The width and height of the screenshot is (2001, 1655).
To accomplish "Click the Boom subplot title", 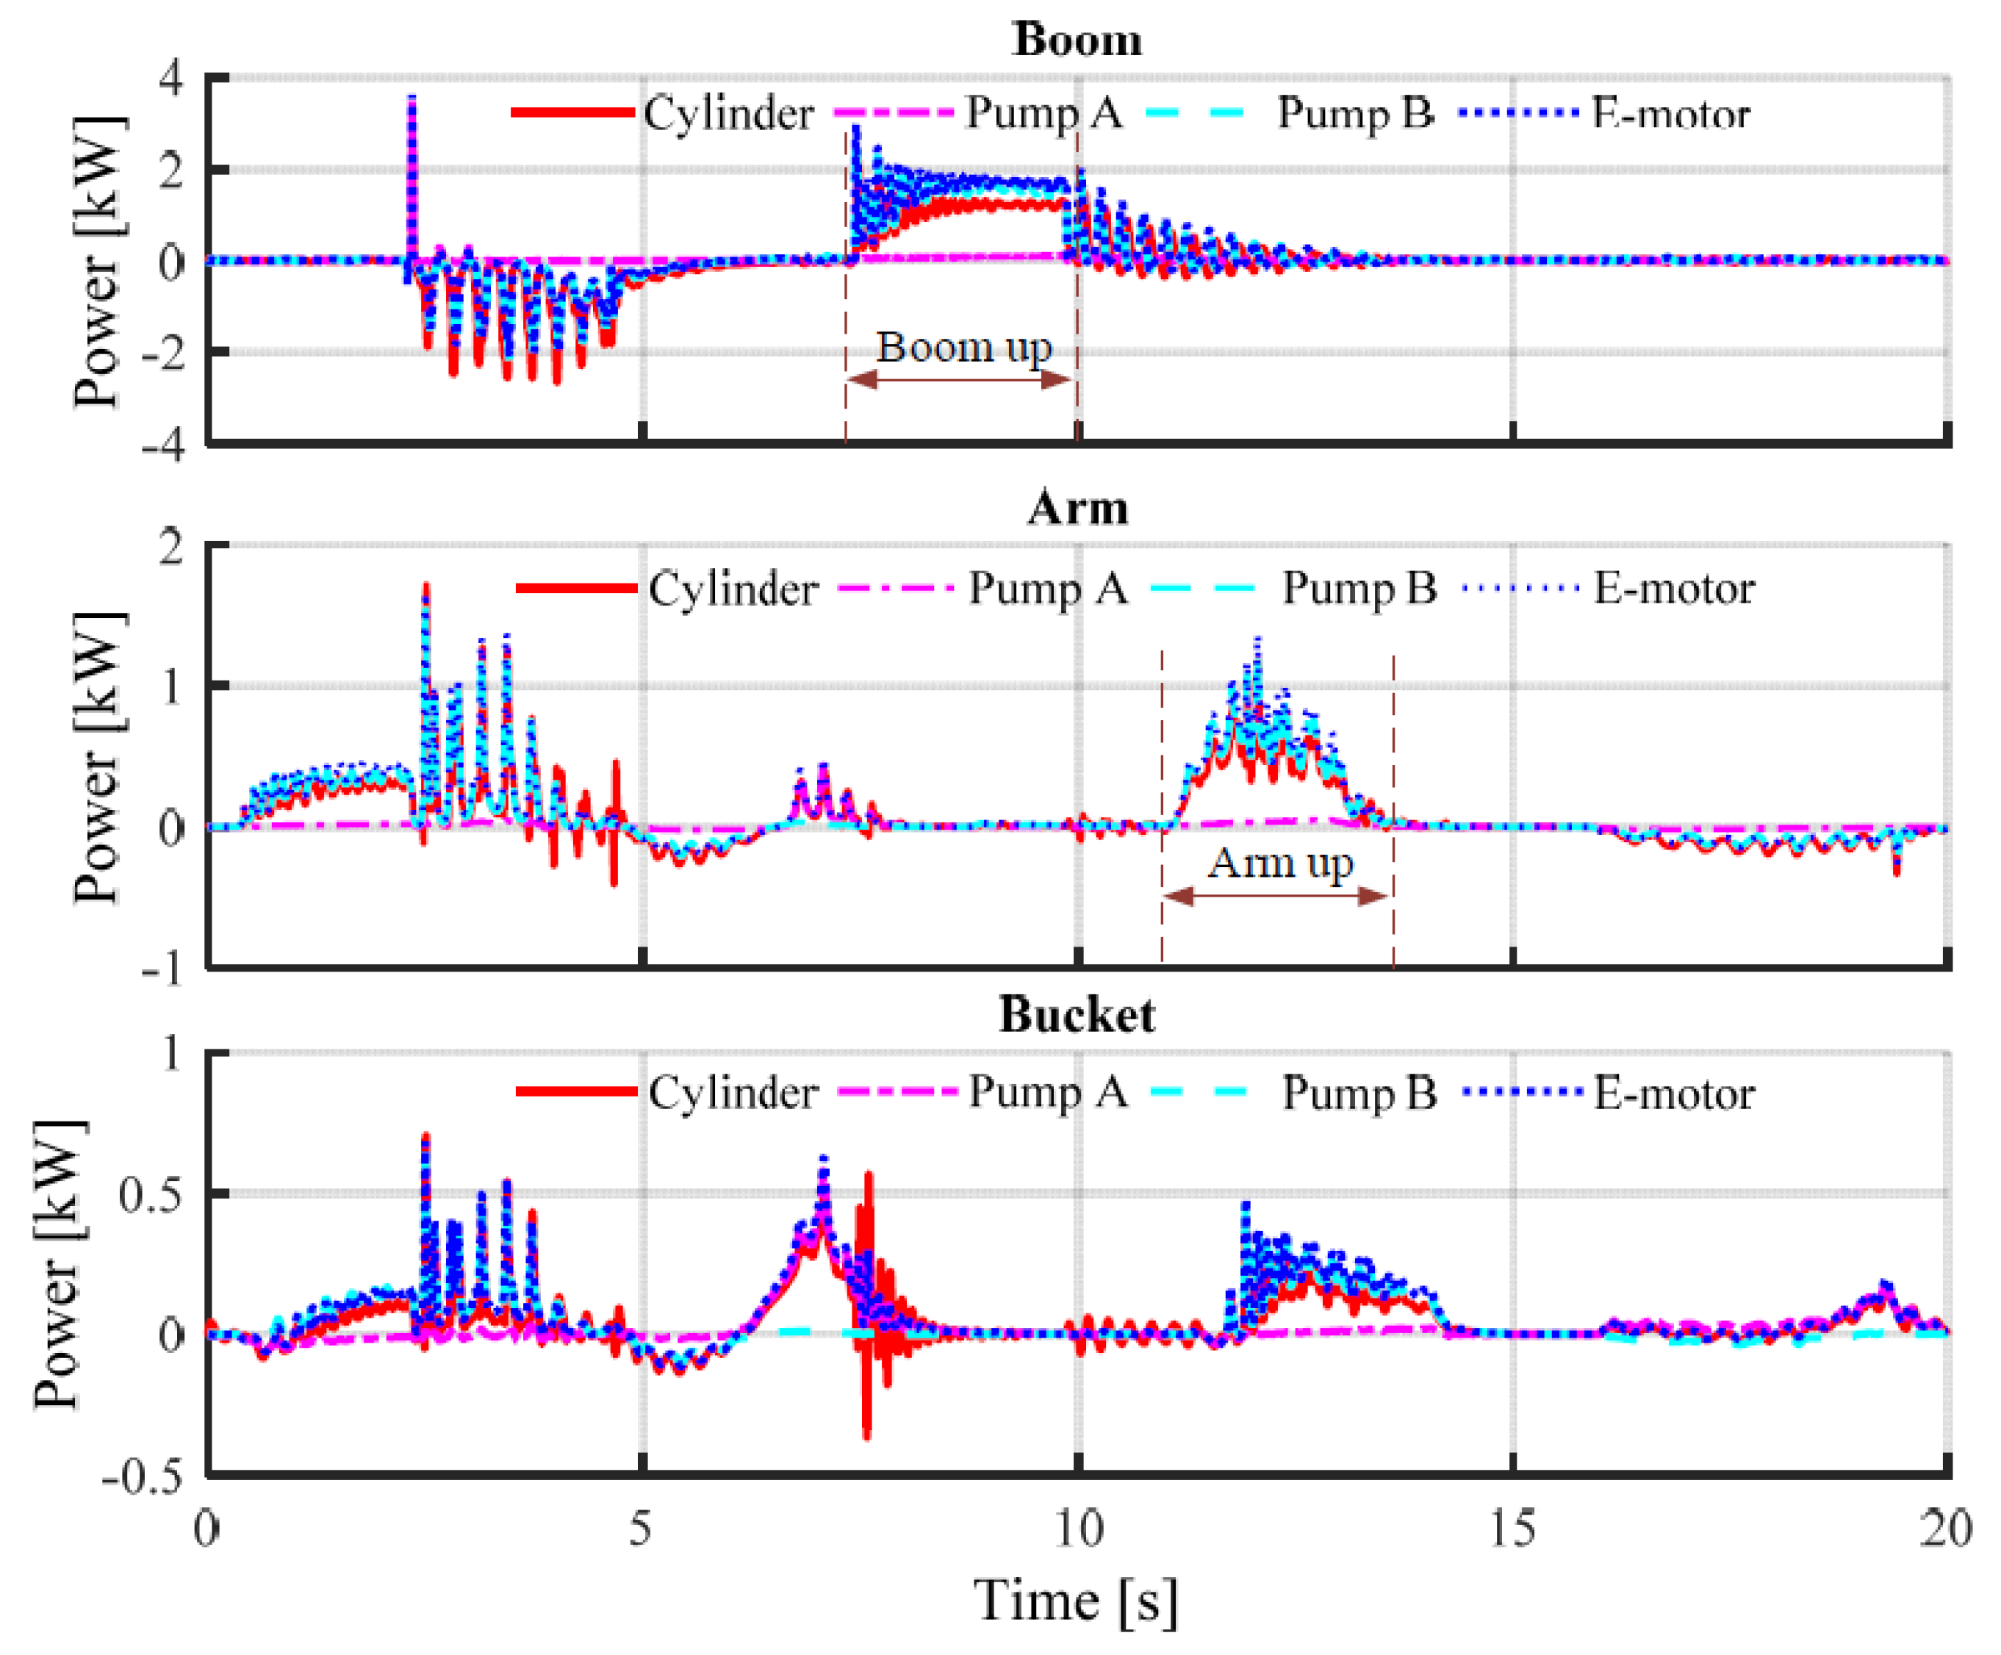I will point(1077,40).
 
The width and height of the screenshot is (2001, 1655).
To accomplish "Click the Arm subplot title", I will point(1077,508).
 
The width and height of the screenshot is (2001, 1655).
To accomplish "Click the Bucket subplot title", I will point(1077,1015).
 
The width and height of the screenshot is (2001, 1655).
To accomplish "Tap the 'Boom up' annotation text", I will point(963,347).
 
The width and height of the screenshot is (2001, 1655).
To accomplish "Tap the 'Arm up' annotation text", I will point(1279,864).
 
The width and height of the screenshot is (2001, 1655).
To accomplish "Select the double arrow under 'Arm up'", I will point(1277,896).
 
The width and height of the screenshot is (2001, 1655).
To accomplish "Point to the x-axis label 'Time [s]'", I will point(1075,1600).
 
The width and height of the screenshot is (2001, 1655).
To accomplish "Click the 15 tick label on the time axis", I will point(1512,1529).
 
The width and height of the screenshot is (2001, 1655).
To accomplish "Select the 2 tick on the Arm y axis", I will point(171,547).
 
